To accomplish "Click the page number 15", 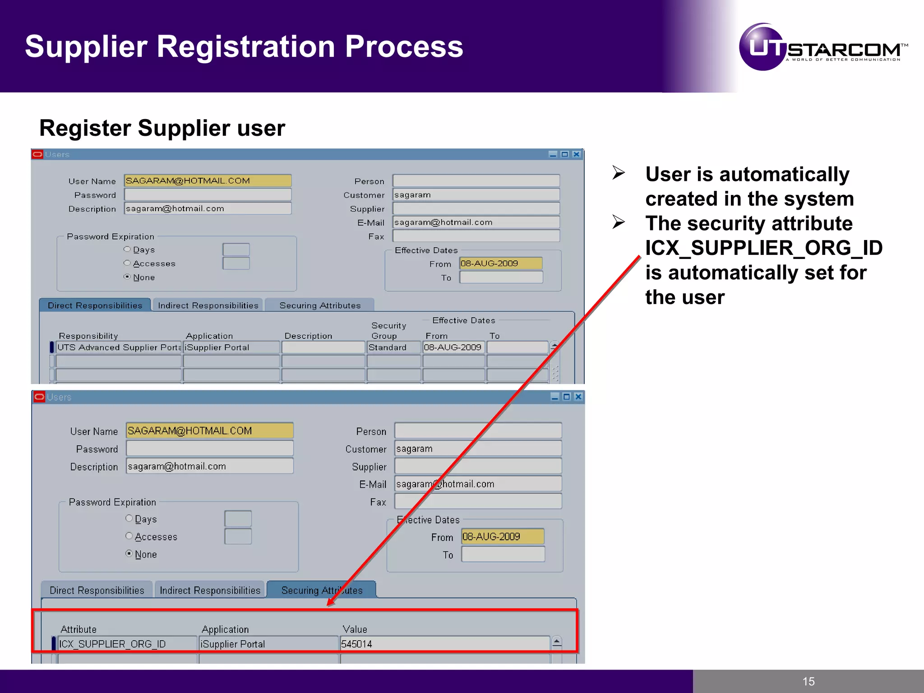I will pyautogui.click(x=808, y=681).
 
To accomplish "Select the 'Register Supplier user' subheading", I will pyautogui.click(x=162, y=128).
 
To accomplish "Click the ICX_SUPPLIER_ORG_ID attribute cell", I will pyautogui.click(x=127, y=644).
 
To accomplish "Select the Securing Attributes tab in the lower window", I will pyautogui.click(x=321, y=590).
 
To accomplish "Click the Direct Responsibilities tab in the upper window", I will pyautogui.click(x=95, y=305).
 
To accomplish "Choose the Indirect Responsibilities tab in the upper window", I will pyautogui.click(x=208, y=305).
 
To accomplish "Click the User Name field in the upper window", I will pyautogui.click(x=208, y=181).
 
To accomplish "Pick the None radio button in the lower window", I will pyautogui.click(x=129, y=554).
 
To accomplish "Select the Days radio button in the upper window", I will pyautogui.click(x=127, y=249).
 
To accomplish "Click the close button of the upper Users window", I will pyautogui.click(x=576, y=154).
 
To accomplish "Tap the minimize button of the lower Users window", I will pyautogui.click(x=555, y=397).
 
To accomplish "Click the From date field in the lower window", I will pyautogui.click(x=503, y=536).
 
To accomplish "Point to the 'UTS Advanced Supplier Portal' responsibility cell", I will pyautogui.click(x=119, y=347).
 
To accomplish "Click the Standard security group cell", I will pyautogui.click(x=393, y=347).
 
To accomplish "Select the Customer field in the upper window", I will pyautogui.click(x=476, y=195).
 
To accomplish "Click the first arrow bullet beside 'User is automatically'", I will pyautogui.click(x=619, y=173).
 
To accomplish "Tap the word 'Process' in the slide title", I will pyautogui.click(x=404, y=46).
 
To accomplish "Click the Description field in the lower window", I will pyautogui.click(x=210, y=466).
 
